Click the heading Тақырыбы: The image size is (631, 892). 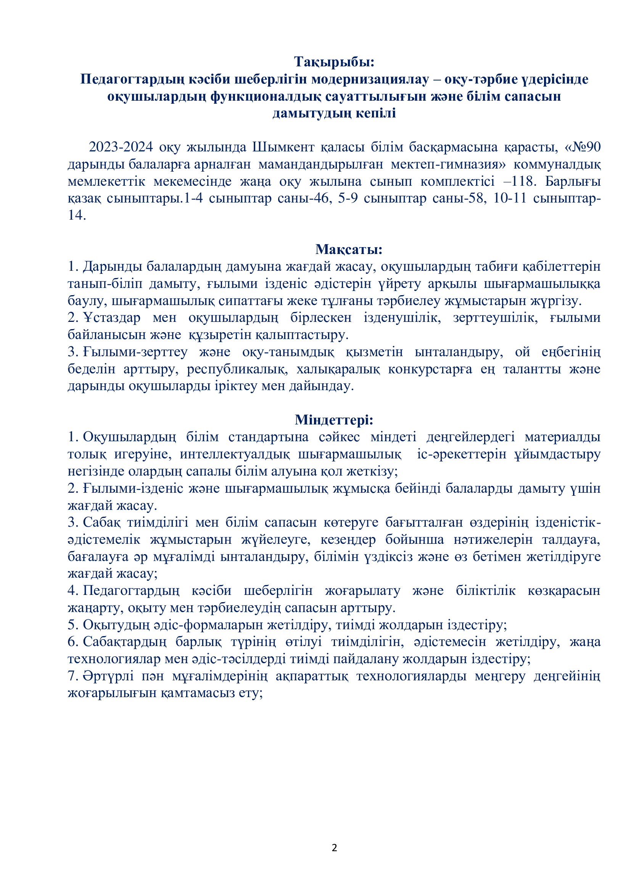coord(334,62)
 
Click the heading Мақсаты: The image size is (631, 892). coord(349,249)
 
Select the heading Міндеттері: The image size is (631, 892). coord(334,419)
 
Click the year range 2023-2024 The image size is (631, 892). coord(121,147)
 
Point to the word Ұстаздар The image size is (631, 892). coord(111,317)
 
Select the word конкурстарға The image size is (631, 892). coord(430,369)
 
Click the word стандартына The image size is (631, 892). coord(269,437)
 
